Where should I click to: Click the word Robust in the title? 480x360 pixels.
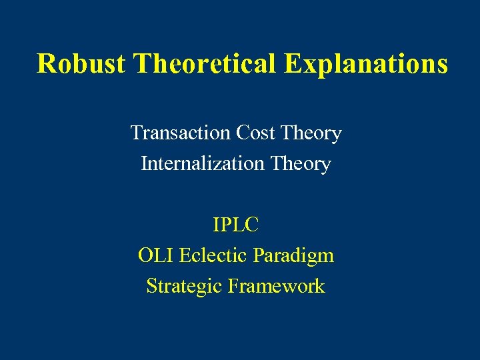click(x=81, y=64)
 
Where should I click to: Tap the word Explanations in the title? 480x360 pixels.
click(x=366, y=64)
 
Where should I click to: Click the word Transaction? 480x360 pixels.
click(x=180, y=133)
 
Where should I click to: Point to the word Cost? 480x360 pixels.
click(x=256, y=133)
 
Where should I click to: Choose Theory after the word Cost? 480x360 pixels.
click(x=311, y=133)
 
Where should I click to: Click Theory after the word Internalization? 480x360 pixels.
click(x=301, y=163)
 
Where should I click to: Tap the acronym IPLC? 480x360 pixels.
click(x=236, y=225)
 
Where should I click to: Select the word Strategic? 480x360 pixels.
click(x=184, y=286)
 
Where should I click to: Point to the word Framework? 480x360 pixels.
click(x=276, y=286)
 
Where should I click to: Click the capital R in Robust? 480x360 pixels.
click(x=45, y=64)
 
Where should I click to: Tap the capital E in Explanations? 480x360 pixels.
click(x=293, y=64)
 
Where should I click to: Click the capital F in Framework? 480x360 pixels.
click(x=233, y=286)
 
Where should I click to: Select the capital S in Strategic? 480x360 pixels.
click(x=151, y=286)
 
